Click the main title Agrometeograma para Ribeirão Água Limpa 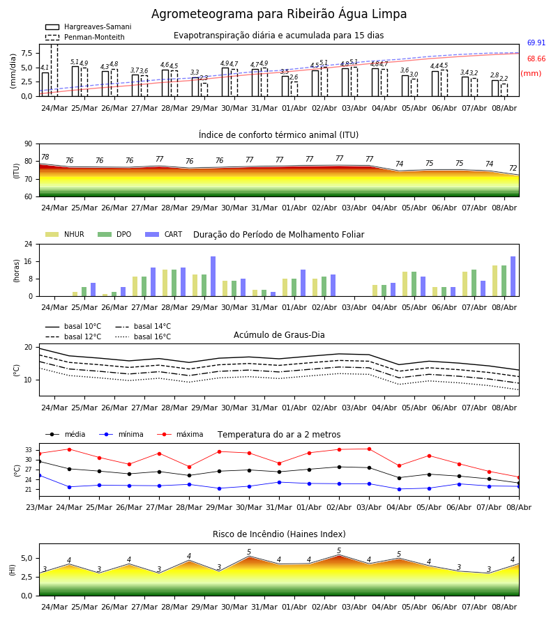coord(279,14)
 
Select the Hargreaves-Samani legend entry coord(89,26)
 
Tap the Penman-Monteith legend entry coord(85,37)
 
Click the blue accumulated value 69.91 coord(536,42)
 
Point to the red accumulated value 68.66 coord(536,59)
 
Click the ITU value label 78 coord(45,157)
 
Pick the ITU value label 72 coord(513,169)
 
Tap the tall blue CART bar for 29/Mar coord(213,277)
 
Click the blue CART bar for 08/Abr coord(513,277)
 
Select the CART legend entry coord(164,234)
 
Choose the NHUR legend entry coord(65,234)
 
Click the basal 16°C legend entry coord(143,336)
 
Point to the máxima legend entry coord(180,434)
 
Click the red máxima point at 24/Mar coord(69,449)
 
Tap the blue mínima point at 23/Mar coord(40,475)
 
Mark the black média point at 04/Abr coord(399,478)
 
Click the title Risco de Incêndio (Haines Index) coord(279,534)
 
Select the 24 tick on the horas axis coord(29,244)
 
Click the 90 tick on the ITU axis coord(29,144)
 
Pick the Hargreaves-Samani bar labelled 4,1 coord(45,84)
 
